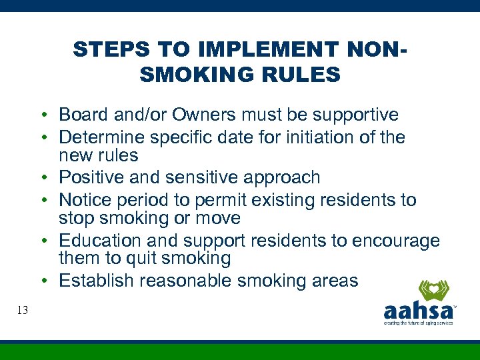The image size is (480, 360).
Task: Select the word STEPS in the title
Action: coord(107,49)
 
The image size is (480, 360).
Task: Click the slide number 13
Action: coord(23,309)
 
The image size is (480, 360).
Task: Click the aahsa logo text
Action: coord(418,311)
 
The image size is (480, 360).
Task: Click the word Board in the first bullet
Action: coord(81,115)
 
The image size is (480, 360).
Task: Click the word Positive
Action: coord(91,177)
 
